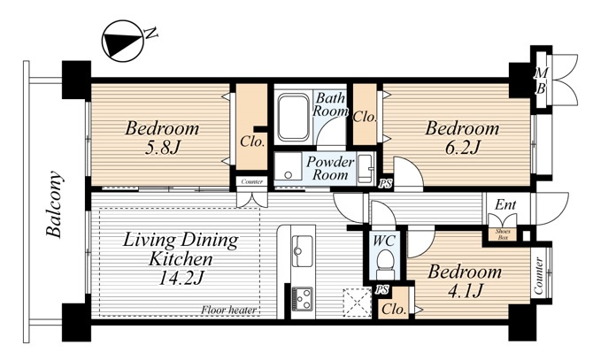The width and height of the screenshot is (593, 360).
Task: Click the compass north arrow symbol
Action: click(x=123, y=42)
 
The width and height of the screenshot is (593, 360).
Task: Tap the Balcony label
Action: click(x=54, y=204)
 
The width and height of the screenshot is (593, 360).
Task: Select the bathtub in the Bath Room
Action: click(x=293, y=118)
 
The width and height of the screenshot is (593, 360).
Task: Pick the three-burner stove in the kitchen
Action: click(x=303, y=298)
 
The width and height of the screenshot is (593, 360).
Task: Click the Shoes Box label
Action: click(x=503, y=234)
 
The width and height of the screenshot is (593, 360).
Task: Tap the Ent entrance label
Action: click(x=505, y=204)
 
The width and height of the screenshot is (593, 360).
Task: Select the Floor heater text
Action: click(x=228, y=310)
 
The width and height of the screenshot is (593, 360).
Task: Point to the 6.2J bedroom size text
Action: click(x=462, y=148)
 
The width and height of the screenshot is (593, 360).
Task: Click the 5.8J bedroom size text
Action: click(x=161, y=148)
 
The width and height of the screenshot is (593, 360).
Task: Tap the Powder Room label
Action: click(x=330, y=168)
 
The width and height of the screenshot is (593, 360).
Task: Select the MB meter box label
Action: click(x=541, y=81)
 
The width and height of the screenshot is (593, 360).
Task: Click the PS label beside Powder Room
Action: click(x=386, y=184)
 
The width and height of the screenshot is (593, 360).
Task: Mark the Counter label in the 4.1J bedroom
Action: click(x=538, y=276)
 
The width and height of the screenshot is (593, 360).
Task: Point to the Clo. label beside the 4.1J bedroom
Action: click(x=394, y=310)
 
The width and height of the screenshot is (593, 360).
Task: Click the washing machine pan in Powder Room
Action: click(x=289, y=168)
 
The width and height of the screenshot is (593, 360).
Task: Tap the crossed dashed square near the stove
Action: click(x=357, y=303)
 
